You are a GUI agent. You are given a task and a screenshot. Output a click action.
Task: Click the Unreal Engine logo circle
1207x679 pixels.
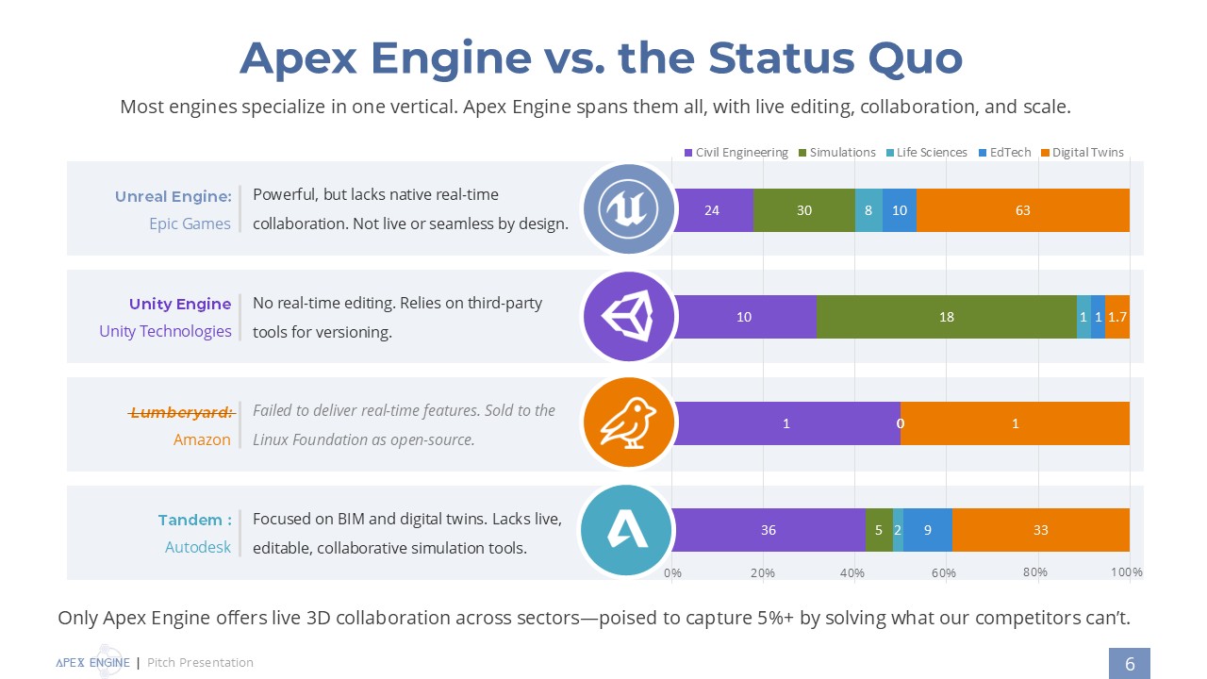click(x=629, y=209)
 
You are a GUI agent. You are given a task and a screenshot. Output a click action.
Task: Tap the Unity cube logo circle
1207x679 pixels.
click(x=629, y=317)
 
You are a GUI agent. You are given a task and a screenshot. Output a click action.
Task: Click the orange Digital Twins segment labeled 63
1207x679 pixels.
click(x=1022, y=210)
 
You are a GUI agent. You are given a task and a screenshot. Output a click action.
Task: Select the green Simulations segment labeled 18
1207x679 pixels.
click(x=946, y=317)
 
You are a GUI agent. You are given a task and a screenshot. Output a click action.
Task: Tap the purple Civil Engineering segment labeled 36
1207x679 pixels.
click(x=769, y=530)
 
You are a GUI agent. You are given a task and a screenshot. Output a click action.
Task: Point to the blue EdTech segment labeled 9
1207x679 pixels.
click(x=927, y=530)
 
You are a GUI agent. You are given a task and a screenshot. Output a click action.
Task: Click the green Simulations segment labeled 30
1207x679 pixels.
click(x=803, y=210)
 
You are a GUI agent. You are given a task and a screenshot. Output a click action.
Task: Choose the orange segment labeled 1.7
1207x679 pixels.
click(x=1117, y=317)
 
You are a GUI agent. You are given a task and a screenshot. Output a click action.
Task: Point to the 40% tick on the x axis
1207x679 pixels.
click(x=853, y=572)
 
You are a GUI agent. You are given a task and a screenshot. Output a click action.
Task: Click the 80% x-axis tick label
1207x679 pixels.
click(x=1035, y=571)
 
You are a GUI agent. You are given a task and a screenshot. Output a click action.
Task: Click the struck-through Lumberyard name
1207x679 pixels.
click(x=181, y=412)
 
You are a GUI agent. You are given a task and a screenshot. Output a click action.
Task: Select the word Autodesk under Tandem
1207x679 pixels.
click(x=198, y=547)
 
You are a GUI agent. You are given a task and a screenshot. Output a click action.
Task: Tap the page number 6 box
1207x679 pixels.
click(x=1130, y=664)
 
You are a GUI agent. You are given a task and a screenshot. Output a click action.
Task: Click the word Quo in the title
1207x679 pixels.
click(x=910, y=58)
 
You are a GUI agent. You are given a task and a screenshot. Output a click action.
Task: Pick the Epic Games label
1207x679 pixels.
click(x=190, y=224)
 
